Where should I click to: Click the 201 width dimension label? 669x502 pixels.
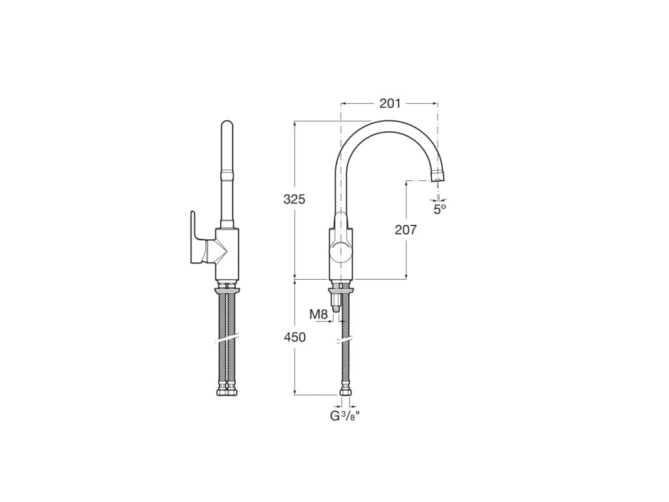(390, 103)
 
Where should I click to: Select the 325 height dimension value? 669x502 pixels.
(294, 199)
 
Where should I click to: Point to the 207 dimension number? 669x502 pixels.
(406, 229)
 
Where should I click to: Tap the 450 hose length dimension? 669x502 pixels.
(294, 337)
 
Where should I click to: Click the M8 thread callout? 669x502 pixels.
(318, 314)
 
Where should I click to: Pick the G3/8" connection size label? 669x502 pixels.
(345, 416)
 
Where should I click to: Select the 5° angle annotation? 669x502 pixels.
(440, 209)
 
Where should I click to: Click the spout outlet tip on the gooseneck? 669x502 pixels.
(438, 175)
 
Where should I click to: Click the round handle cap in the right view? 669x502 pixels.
(340, 250)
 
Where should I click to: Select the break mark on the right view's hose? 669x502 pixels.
(345, 340)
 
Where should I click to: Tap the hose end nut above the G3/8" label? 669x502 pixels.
(345, 392)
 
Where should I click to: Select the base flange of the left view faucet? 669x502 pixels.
(227, 289)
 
